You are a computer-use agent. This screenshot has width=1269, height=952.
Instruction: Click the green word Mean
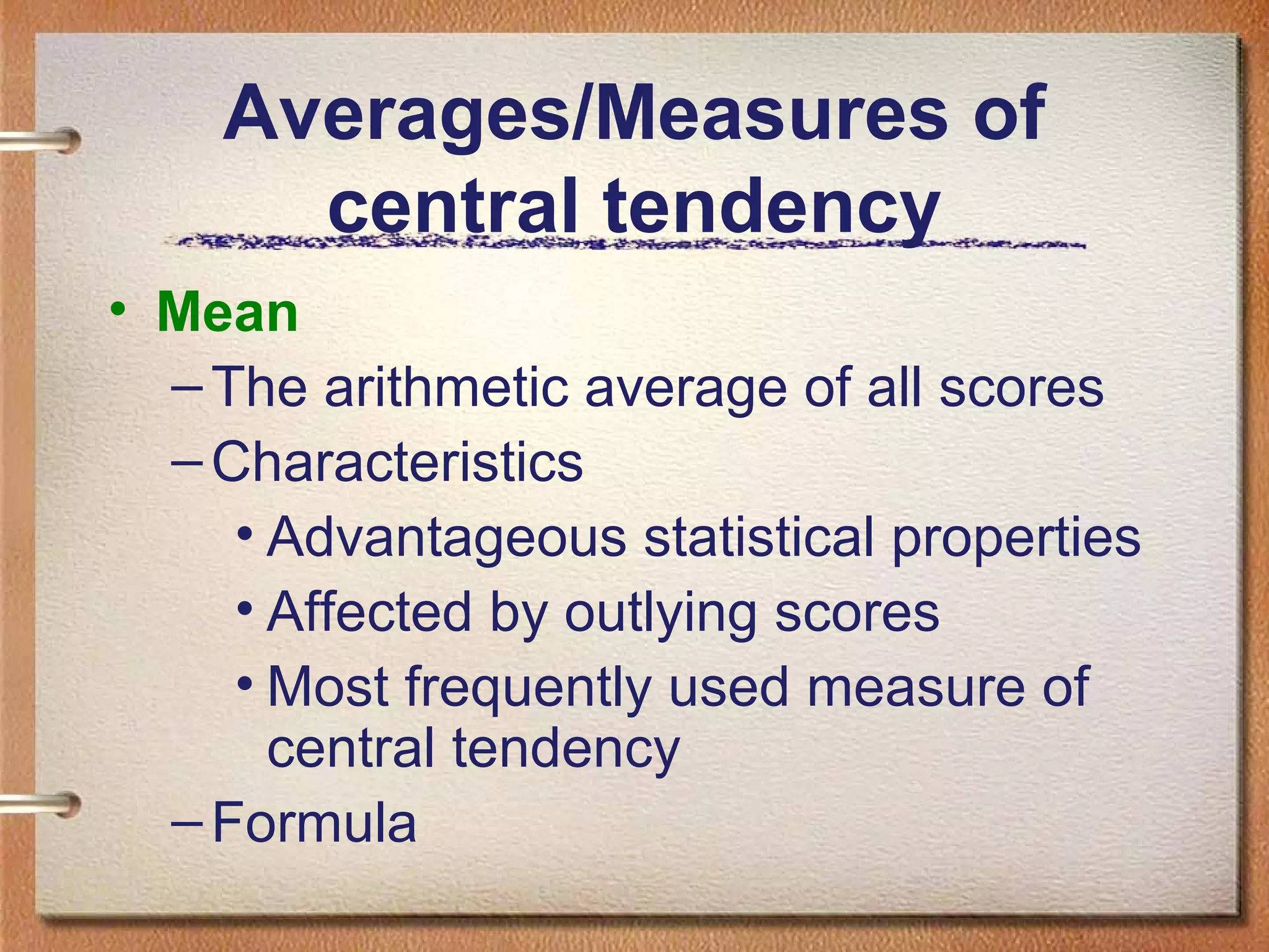(x=227, y=312)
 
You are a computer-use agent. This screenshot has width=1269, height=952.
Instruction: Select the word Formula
(x=314, y=822)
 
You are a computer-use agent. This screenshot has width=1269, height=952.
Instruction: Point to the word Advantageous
(x=447, y=537)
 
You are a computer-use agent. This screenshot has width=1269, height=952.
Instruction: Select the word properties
(x=1016, y=537)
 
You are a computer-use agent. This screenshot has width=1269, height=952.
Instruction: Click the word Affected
(x=369, y=612)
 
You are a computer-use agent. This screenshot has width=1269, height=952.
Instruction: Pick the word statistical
(x=758, y=537)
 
